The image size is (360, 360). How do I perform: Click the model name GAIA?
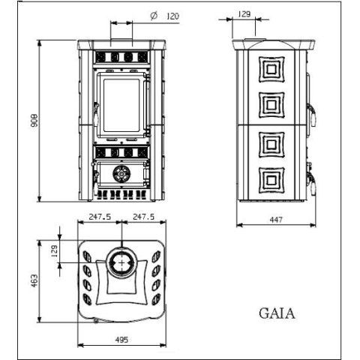coord(277,313)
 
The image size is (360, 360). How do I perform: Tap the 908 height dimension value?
coord(34,121)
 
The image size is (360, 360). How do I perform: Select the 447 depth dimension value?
coord(276,220)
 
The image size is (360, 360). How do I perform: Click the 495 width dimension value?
coord(121,340)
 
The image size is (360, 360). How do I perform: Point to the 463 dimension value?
coord(34,280)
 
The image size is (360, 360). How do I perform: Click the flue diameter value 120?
coord(172,16)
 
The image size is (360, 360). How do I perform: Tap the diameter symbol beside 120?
coord(154,16)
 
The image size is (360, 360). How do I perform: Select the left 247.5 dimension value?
coord(100,217)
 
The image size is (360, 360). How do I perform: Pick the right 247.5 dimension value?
coord(143,217)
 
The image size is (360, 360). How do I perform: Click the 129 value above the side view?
coord(244,14)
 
